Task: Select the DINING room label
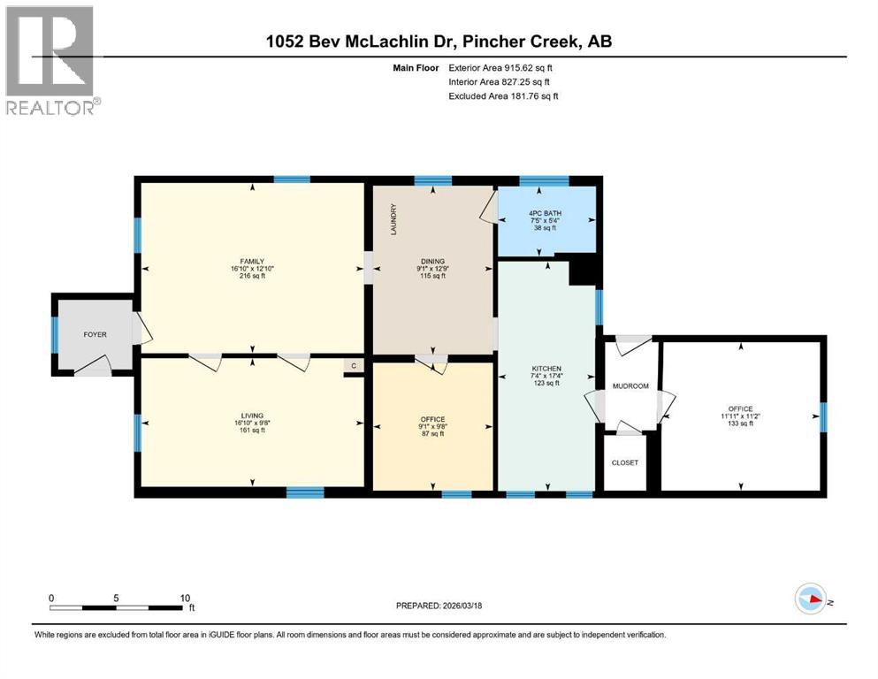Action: pos(431,262)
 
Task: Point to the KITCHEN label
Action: pos(546,369)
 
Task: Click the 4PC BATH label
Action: pos(546,212)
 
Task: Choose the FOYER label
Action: pos(95,335)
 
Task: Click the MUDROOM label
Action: pos(631,386)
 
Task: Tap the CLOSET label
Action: pos(624,462)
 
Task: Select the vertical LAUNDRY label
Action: pos(393,219)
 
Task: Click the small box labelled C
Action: pos(354,366)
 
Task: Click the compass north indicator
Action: pos(812,599)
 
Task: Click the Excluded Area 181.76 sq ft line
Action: pos(503,95)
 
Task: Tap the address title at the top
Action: pos(439,42)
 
